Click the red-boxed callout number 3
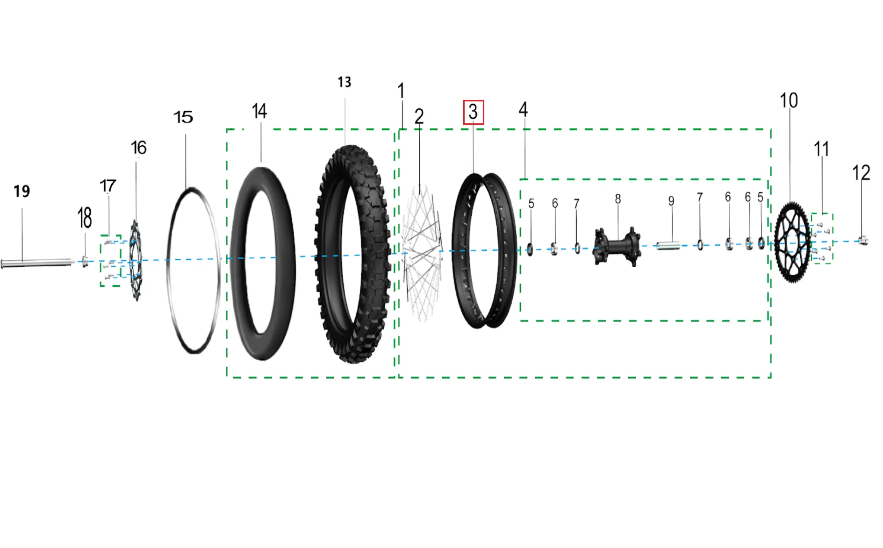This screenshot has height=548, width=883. click(x=473, y=112)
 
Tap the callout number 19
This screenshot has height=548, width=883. click(x=22, y=191)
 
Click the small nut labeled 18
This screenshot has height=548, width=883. click(x=85, y=261)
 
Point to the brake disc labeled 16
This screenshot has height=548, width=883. click(x=135, y=260)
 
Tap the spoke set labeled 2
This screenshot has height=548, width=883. click(x=422, y=252)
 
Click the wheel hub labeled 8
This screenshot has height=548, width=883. click(x=617, y=246)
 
